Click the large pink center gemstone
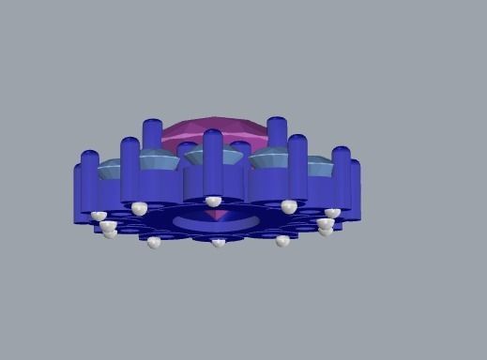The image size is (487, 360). click(x=215, y=130)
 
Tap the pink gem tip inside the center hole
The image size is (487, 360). click(x=217, y=215)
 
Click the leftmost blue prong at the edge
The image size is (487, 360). click(x=80, y=192)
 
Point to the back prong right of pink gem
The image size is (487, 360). click(x=276, y=133)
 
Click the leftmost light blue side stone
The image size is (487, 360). click(x=110, y=169)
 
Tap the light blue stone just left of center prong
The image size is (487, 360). click(x=160, y=160)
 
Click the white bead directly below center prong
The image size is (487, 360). click(x=214, y=201)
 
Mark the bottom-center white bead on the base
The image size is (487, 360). click(x=218, y=243)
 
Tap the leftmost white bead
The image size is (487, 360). click(x=99, y=216)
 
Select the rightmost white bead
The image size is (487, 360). click(x=332, y=213)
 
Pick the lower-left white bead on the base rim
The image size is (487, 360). click(x=154, y=242)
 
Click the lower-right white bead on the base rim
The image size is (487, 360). click(x=282, y=241)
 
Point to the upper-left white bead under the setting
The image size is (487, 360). click(x=139, y=207)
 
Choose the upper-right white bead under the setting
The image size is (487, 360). click(x=289, y=205)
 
